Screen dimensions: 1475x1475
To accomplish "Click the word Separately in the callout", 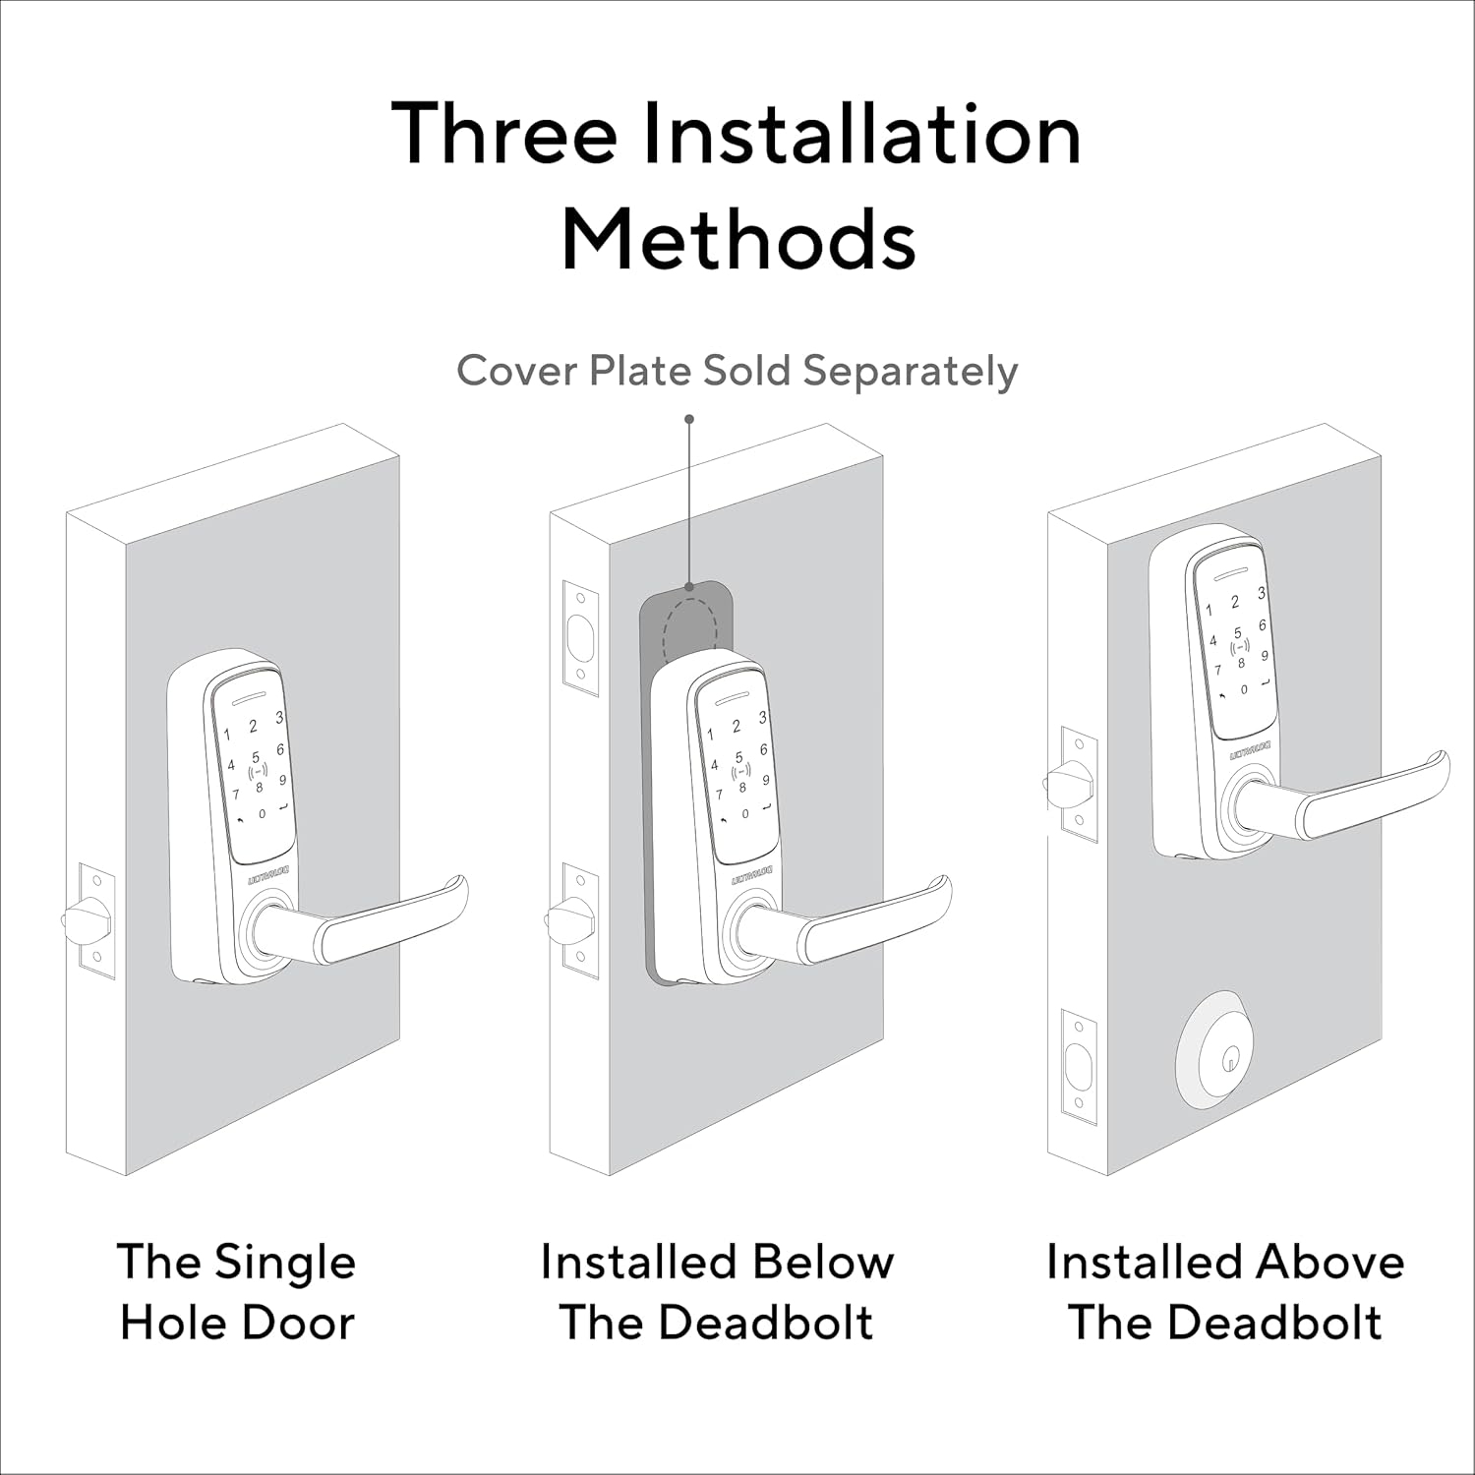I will [911, 372].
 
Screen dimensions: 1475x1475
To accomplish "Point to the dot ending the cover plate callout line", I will [689, 419].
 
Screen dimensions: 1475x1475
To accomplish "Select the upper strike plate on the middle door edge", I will [580, 637].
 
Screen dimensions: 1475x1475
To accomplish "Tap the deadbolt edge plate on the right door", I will [1080, 1066].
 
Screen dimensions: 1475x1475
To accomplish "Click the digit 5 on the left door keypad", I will [256, 758].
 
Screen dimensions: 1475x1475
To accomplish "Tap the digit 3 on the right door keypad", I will [1262, 593].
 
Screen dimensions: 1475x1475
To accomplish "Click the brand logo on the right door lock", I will [1249, 751].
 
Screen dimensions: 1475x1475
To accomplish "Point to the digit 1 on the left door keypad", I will [227, 735].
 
